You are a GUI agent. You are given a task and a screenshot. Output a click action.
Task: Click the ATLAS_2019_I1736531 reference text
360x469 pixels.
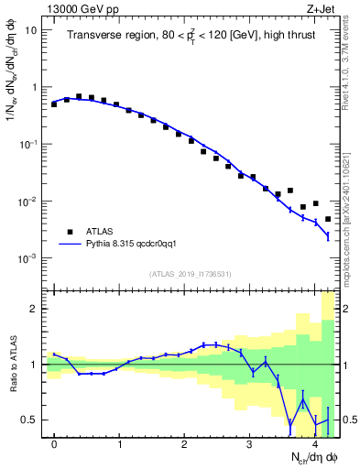(190, 274)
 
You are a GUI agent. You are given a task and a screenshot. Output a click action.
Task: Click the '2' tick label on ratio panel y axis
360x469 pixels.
(35, 309)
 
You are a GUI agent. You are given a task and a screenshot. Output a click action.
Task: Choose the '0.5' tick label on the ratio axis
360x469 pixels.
(30, 420)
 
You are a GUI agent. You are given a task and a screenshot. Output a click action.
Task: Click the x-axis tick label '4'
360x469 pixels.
(314, 444)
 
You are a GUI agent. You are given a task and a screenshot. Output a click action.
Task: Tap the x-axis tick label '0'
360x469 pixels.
(54, 444)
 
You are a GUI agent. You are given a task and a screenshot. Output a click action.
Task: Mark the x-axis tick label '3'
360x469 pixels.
(249, 444)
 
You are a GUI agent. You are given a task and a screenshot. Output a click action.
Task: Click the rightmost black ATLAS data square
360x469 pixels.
(328, 219)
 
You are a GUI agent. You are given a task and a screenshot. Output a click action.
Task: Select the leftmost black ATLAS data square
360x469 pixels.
(54, 104)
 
